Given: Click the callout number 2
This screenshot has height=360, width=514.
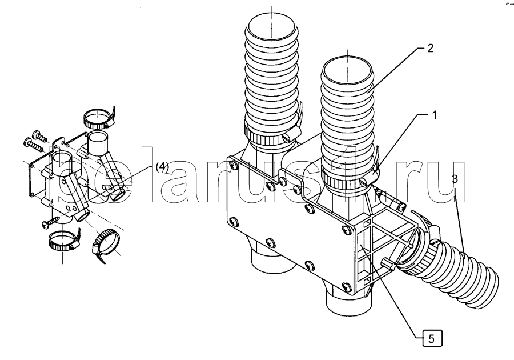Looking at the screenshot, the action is coord(431,49).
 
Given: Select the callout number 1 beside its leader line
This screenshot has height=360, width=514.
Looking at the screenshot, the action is coord(435,115).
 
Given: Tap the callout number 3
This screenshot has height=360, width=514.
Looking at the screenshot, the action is coord(455,179).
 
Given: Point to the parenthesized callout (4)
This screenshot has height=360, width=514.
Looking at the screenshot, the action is coord(162,166).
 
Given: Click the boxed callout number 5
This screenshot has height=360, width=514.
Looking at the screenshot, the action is coord(431,338).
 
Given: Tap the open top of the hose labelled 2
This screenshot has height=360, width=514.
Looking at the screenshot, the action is coord(347,70).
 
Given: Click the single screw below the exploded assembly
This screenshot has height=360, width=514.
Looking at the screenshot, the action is coord(51,221).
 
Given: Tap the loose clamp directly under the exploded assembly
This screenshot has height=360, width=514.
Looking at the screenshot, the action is coord(63,241).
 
